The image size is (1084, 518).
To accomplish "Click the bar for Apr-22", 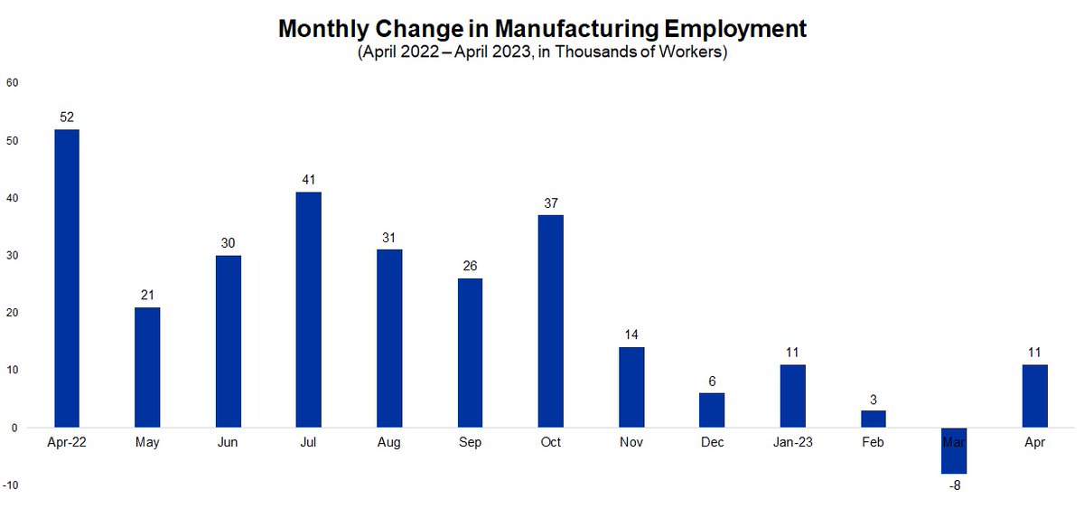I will coord(67,278).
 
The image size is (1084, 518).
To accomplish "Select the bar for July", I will coord(308,309).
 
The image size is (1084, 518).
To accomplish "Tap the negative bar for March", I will coord(955,450).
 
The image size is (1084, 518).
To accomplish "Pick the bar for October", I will coord(550,321).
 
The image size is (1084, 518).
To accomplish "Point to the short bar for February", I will coord(874,419).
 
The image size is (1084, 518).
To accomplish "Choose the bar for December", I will coord(712,410).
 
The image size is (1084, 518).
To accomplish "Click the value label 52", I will coord(67,117).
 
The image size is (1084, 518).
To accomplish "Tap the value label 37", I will coord(550,202).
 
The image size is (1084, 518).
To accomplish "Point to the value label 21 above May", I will coord(147,295).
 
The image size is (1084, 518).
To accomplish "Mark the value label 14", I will coord(631,334).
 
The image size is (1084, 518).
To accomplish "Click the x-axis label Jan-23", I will coord(792,442).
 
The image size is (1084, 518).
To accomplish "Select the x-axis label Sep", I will coord(470,442).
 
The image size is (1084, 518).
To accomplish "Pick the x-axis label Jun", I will coord(228,442).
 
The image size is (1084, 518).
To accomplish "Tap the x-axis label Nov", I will coord(631,442).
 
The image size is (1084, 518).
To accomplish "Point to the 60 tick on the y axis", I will coord(12,83).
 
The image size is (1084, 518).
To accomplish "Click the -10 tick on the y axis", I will coord(12,485).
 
